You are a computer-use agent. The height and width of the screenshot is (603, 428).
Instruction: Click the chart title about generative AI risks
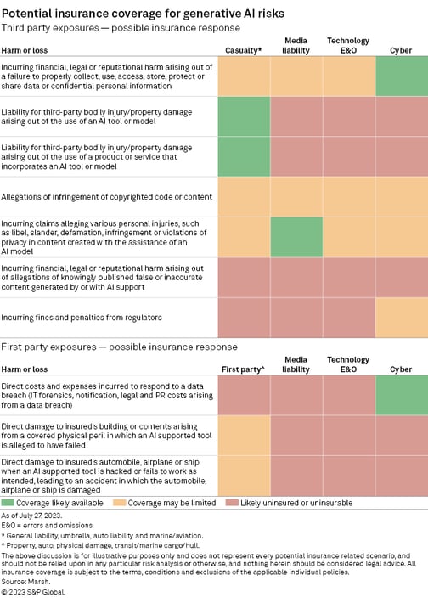tap(143, 14)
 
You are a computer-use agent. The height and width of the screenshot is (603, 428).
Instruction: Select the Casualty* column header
tap(244, 50)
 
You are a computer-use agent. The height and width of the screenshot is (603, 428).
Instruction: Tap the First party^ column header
tap(244, 369)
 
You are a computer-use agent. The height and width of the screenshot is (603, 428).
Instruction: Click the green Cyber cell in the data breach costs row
tap(402, 395)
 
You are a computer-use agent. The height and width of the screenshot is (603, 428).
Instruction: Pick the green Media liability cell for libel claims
tap(296, 237)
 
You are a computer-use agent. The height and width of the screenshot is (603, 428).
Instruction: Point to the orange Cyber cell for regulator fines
tap(402, 318)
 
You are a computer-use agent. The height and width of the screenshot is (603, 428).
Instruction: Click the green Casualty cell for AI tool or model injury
tap(245, 116)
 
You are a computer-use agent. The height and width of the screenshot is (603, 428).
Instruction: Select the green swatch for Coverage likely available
tap(8, 503)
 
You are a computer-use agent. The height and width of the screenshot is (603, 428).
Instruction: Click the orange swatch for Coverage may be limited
tap(119, 503)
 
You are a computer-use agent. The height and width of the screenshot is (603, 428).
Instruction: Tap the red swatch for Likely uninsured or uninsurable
tap(232, 503)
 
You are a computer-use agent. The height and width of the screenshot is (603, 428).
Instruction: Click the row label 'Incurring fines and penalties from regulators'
tap(82, 318)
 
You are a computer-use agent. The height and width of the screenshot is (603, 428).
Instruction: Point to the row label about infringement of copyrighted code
tap(106, 197)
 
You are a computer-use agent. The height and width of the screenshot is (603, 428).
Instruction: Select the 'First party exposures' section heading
tap(119, 347)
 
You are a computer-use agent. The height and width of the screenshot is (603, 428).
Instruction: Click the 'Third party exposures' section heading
tap(121, 28)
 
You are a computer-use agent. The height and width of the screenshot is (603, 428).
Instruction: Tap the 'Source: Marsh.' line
tap(25, 581)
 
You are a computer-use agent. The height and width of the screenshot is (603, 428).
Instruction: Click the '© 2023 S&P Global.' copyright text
tap(33, 592)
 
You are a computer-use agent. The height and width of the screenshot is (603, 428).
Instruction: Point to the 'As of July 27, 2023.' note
tap(31, 516)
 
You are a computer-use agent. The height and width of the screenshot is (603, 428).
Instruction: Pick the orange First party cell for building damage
tap(245, 436)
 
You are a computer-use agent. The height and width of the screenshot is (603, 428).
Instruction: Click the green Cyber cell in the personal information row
tap(402, 76)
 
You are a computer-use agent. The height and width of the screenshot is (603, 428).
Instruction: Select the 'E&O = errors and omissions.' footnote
tap(48, 526)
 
